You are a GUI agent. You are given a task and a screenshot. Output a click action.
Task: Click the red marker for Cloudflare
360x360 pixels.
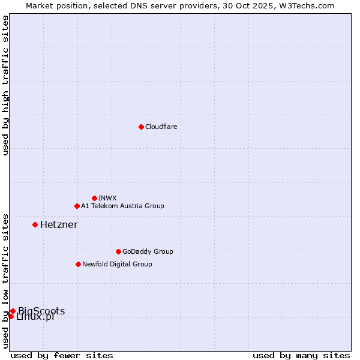(x=141, y=127)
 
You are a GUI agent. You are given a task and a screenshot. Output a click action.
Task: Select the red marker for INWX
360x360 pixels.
(x=94, y=198)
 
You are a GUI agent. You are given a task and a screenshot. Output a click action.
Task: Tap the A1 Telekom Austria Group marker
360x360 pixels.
(x=77, y=206)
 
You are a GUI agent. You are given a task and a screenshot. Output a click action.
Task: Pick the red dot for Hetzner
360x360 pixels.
(x=35, y=224)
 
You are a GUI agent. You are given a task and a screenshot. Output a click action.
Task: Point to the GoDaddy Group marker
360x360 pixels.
(x=118, y=251)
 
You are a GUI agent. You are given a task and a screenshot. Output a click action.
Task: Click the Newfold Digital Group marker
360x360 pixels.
(x=78, y=264)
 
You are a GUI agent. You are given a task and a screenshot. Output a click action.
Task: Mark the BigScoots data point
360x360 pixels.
(x=13, y=311)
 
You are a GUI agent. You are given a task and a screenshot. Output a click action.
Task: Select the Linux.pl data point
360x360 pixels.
(x=11, y=316)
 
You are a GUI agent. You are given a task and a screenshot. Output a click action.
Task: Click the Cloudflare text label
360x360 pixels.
(x=161, y=127)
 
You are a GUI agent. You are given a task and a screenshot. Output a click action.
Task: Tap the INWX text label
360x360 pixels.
(x=107, y=198)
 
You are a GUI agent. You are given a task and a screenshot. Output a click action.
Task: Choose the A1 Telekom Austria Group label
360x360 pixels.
(x=122, y=206)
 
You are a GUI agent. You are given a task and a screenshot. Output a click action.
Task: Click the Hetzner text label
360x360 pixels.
(x=59, y=224)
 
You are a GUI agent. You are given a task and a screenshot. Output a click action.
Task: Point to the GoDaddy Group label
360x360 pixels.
(x=148, y=251)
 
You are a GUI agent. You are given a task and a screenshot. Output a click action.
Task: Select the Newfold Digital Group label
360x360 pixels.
(x=117, y=264)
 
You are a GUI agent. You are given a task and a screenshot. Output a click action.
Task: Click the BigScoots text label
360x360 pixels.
(x=41, y=311)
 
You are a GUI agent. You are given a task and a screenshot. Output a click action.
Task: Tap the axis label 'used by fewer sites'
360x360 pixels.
(x=62, y=355)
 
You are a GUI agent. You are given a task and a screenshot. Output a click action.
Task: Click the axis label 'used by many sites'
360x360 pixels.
(x=301, y=355)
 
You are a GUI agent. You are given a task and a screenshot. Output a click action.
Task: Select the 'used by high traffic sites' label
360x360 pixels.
(x=5, y=85)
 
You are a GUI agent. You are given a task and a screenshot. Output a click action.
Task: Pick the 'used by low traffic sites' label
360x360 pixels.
(x=5, y=281)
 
